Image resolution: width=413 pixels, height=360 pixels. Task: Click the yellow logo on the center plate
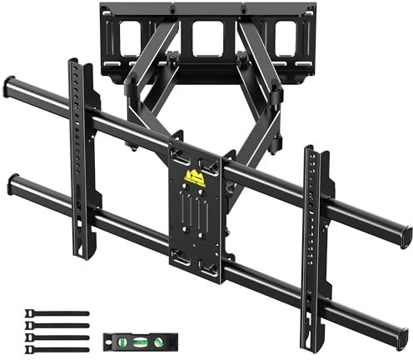(x=197, y=177)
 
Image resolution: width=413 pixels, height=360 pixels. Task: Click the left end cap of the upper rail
(x=9, y=86)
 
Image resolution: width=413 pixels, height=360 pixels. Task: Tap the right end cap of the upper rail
(x=406, y=227)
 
